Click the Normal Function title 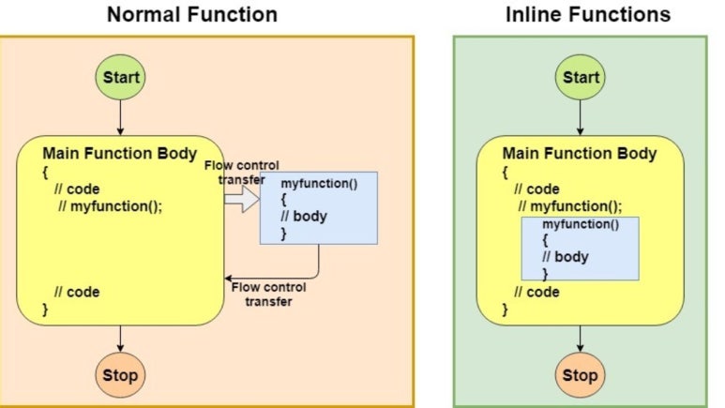pyautogui.click(x=191, y=14)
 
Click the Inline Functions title pyautogui.click(x=588, y=14)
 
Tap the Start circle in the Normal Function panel pyautogui.click(x=120, y=77)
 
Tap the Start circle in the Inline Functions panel pyautogui.click(x=579, y=77)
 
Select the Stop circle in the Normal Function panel pyautogui.click(x=120, y=375)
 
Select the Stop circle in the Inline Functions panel pyautogui.click(x=579, y=375)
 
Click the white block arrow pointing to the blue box pyautogui.click(x=242, y=198)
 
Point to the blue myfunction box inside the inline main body pyautogui.click(x=580, y=249)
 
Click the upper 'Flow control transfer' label pyautogui.click(x=241, y=173)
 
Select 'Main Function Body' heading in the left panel pyautogui.click(x=119, y=153)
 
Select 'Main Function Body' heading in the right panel pyautogui.click(x=579, y=154)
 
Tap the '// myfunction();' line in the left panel pyautogui.click(x=110, y=206)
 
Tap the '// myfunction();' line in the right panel pyautogui.click(x=569, y=206)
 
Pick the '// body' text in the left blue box pyautogui.click(x=301, y=217)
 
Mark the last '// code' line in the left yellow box pyautogui.click(x=76, y=292)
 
